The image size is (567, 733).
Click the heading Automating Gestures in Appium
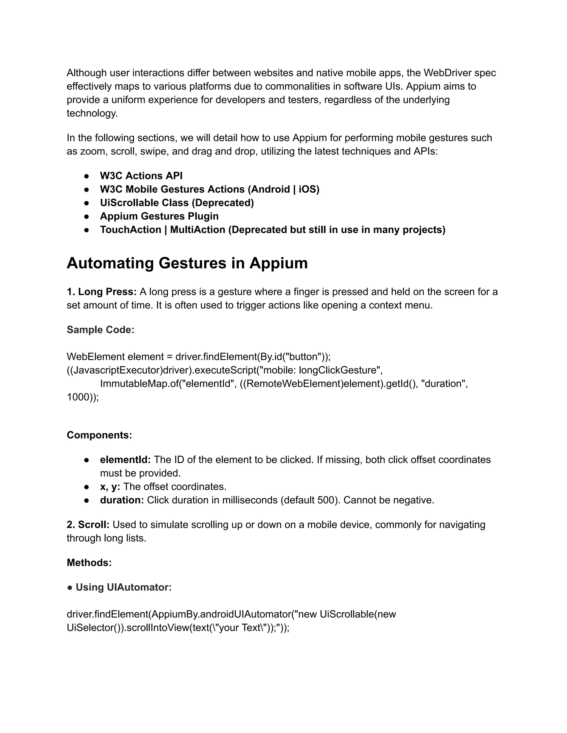[x=187, y=263]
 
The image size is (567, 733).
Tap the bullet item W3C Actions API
[x=141, y=176]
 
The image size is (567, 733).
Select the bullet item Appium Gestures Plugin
[x=159, y=216]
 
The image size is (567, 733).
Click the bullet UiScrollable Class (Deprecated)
[x=177, y=203]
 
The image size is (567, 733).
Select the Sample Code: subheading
[x=100, y=330]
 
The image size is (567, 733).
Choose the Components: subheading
[x=99, y=435]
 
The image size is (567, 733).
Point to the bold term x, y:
[x=110, y=487]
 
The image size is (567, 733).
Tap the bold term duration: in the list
[x=122, y=500]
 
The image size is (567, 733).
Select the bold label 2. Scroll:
[x=88, y=524]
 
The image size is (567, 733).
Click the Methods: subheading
[x=89, y=563]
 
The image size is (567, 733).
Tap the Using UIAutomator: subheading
[x=123, y=587]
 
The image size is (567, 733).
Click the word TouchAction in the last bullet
[x=130, y=230]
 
